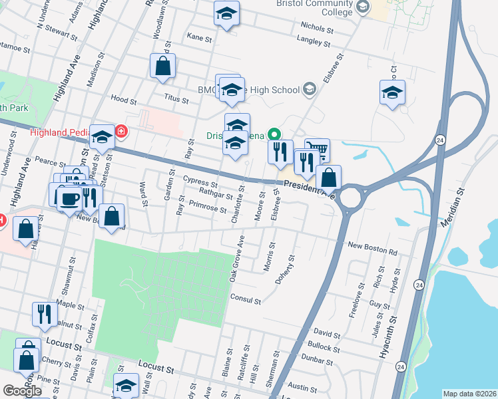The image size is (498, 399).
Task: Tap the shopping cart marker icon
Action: (x=317, y=150)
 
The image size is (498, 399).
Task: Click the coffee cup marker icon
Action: (x=69, y=198)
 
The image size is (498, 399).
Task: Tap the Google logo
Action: (x=23, y=391)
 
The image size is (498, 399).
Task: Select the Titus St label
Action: (x=176, y=99)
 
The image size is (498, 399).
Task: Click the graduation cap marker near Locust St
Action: (x=126, y=386)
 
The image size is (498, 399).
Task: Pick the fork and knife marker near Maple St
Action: (x=45, y=314)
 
